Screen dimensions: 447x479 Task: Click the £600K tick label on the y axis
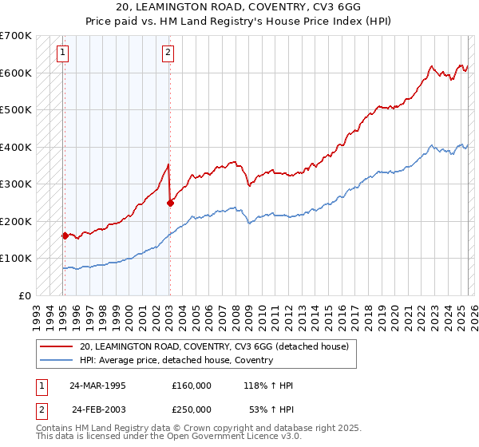click(16, 73)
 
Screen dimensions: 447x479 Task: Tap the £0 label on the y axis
click(25, 295)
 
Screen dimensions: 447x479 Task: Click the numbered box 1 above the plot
click(63, 53)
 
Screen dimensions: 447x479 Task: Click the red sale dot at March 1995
click(65, 235)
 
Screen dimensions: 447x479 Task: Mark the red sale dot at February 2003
click(170, 203)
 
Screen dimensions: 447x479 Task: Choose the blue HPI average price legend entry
click(176, 361)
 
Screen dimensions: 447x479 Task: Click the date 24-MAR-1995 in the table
click(97, 386)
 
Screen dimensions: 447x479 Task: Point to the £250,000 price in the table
click(192, 409)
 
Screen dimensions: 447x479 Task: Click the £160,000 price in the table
click(192, 386)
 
